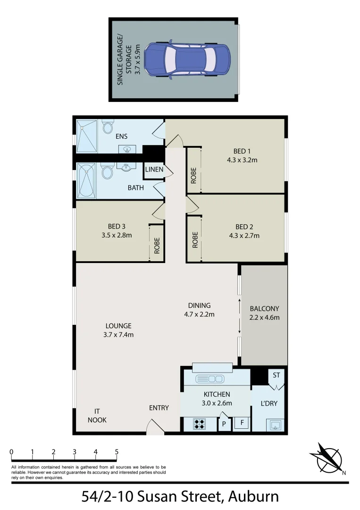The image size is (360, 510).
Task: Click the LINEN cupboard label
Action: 154,170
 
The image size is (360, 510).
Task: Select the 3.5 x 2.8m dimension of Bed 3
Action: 116,235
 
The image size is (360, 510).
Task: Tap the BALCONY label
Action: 264,309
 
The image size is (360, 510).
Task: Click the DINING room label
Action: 199,306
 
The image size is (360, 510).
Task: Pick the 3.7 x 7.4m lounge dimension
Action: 118,335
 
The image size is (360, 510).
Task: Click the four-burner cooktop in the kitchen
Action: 199,424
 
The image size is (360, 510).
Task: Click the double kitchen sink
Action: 212,379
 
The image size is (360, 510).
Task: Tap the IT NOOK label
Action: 97,415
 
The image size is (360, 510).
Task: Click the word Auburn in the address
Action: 253,497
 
